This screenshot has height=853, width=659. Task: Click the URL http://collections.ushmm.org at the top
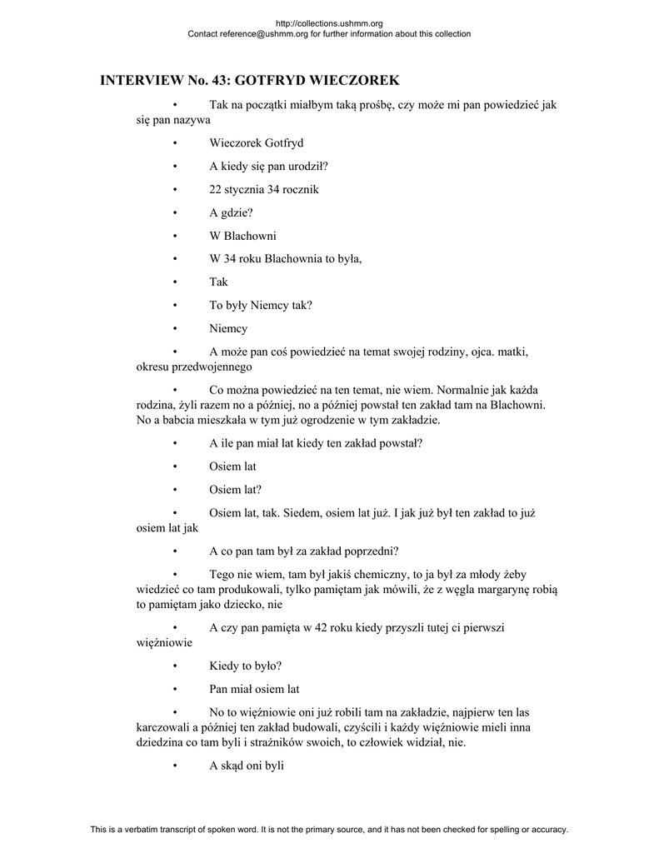[x=328, y=23]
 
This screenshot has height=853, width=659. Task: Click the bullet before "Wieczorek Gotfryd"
[x=175, y=143]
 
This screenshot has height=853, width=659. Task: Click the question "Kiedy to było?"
[x=246, y=666]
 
